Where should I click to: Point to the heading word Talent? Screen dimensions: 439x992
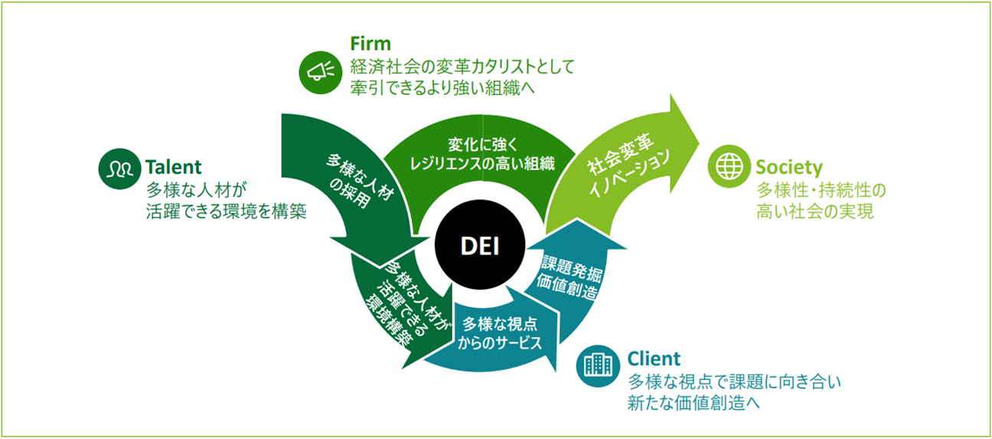173,166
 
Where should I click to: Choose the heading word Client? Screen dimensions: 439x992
653,359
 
